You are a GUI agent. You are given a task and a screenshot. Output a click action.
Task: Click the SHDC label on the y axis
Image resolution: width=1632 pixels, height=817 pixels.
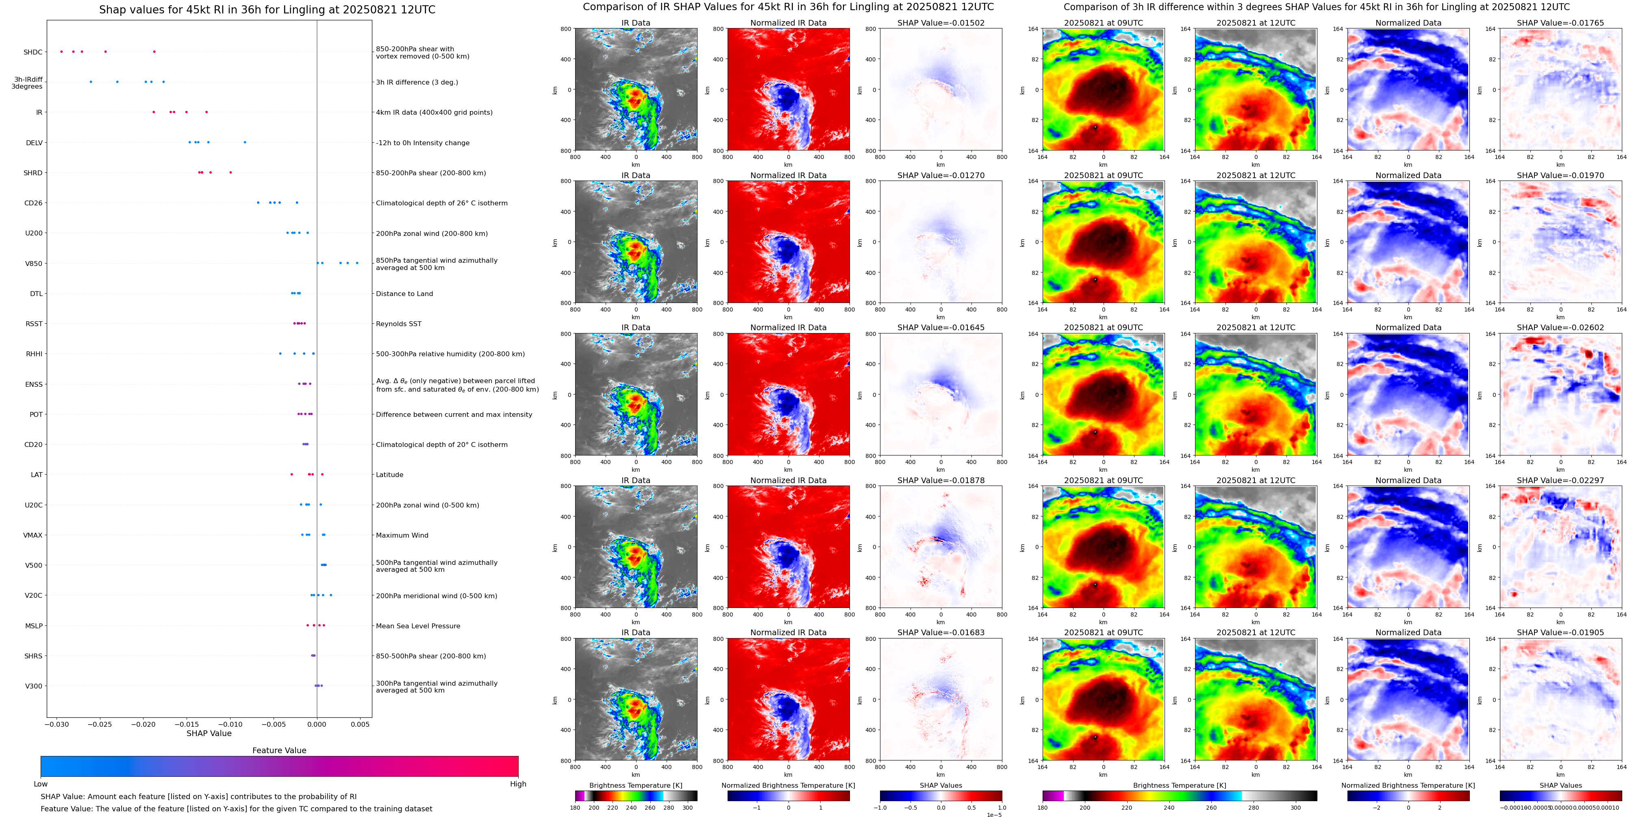point(33,52)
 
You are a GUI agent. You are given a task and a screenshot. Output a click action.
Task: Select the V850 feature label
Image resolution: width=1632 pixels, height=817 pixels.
point(34,264)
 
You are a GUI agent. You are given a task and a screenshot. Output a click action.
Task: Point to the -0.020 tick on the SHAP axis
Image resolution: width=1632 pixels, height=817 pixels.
point(144,724)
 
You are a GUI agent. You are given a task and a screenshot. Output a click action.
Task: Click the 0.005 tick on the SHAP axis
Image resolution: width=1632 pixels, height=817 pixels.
point(360,724)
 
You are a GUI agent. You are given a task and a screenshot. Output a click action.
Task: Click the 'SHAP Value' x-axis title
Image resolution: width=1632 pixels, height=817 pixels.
point(209,733)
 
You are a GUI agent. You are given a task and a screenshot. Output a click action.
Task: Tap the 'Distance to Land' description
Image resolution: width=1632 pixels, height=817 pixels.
point(404,294)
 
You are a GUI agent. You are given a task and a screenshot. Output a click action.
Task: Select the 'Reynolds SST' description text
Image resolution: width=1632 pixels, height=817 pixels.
point(398,324)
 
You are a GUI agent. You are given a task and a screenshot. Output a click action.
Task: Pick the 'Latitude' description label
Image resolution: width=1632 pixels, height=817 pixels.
point(390,475)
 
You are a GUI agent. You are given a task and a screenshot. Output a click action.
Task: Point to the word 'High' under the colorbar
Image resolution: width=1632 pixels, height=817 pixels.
point(518,784)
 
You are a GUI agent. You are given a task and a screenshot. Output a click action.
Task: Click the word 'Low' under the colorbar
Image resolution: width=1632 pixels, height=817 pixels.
point(41,784)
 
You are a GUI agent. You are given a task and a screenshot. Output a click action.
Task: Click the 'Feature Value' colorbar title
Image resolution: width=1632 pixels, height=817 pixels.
point(279,750)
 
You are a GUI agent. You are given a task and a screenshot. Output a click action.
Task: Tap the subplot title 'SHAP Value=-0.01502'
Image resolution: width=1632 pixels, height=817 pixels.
point(941,23)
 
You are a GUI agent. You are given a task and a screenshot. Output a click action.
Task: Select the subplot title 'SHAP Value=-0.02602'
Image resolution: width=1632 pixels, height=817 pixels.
point(1560,328)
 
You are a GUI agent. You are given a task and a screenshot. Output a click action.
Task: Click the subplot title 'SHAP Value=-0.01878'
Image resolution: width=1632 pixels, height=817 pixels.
point(941,480)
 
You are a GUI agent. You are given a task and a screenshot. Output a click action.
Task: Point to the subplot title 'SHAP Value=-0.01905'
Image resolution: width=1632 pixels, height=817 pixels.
point(1560,632)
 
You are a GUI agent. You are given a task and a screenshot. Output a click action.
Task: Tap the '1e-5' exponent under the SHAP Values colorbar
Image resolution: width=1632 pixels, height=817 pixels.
point(994,815)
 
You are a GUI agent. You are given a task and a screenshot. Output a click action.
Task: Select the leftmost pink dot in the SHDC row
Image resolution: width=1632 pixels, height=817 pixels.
point(61,51)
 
